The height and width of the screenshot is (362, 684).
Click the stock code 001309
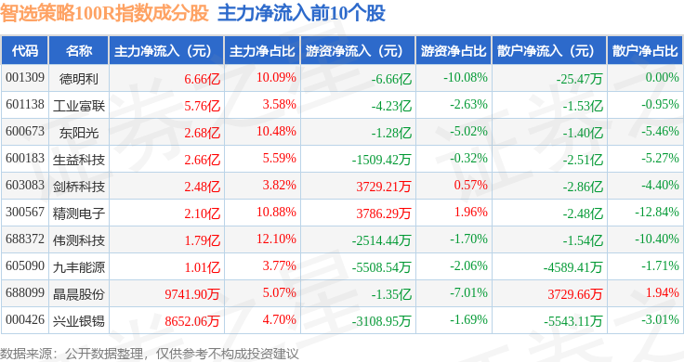coord(25,78)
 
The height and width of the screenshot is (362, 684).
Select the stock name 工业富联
coord(79,106)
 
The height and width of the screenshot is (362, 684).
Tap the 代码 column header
coord(25,51)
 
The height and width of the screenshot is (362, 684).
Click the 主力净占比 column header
coord(262,51)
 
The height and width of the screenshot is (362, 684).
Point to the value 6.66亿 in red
coord(202,79)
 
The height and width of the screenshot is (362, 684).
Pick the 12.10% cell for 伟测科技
coord(276,239)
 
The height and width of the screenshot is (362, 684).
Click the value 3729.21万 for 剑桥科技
coord(384,187)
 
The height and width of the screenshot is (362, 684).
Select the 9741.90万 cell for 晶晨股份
coord(192,294)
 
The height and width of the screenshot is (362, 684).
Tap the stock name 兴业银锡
coord(79,321)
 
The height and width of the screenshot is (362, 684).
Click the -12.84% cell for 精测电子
coord(657,213)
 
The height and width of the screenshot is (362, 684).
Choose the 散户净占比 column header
coord(645,51)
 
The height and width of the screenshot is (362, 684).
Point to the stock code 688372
coord(25,239)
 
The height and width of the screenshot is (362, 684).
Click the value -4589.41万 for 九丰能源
coord(572,267)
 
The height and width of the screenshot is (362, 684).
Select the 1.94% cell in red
coord(663,292)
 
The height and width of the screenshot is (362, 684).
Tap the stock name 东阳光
coord(79,133)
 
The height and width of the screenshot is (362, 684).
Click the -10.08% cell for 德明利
coord(466,78)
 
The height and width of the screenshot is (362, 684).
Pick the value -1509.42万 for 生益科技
coord(381,160)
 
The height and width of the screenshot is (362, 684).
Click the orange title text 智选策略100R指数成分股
coord(105,13)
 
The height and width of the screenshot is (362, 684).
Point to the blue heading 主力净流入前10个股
coord(301,13)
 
